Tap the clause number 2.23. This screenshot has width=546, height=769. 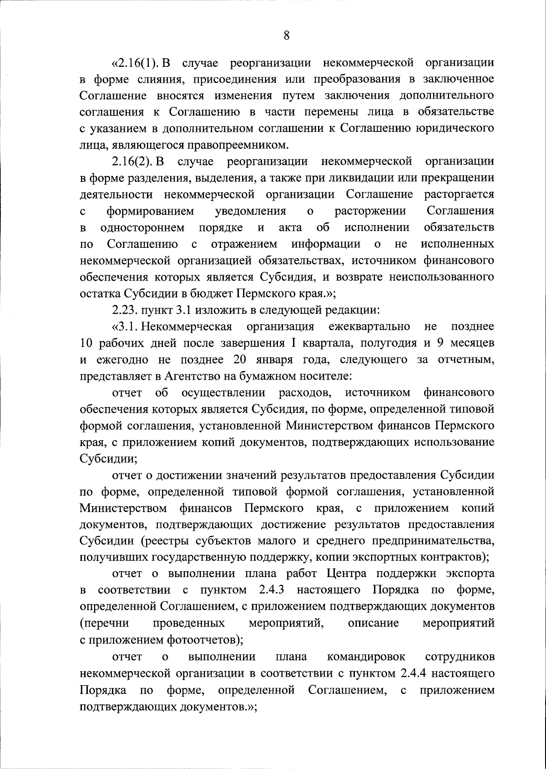[124, 311]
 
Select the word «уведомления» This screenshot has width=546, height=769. [250, 211]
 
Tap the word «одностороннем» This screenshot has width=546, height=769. [142, 227]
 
